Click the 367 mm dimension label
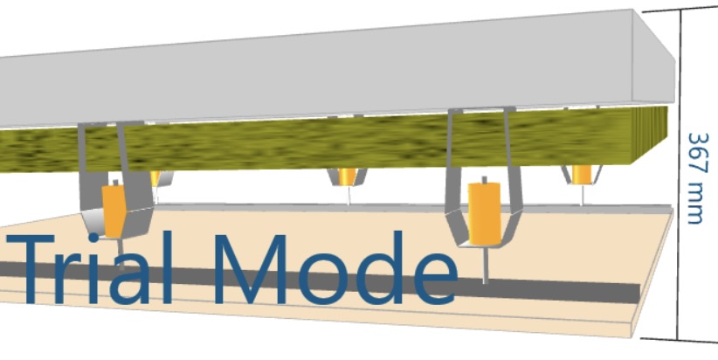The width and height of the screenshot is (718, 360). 696,178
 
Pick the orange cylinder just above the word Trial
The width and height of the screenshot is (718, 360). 114,209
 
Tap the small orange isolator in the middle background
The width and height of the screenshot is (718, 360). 348,177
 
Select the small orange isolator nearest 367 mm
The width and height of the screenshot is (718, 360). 581,174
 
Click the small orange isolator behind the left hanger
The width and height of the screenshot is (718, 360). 155,178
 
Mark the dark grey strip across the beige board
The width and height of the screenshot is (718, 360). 568,291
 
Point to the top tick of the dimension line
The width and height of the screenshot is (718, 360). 680,10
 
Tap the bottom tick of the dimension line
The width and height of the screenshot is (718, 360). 680,339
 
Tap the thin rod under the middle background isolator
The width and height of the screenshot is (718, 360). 349,196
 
